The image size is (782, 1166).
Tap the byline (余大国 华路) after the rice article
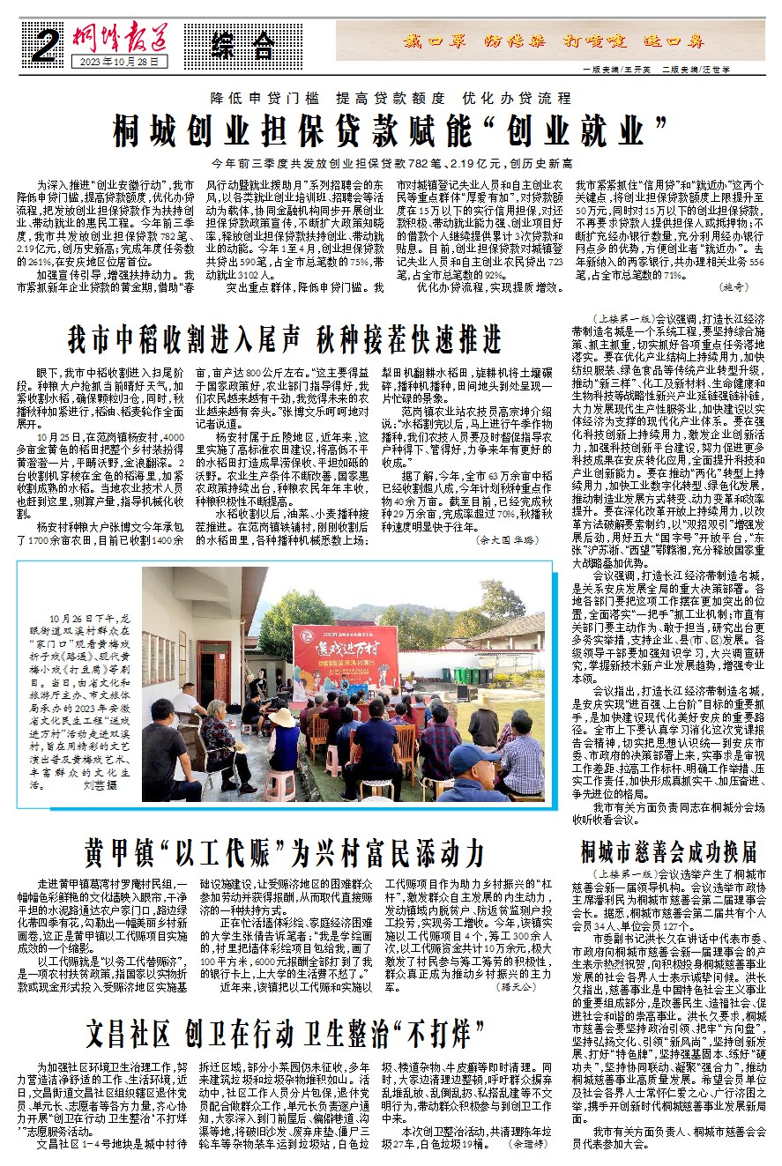pos(506,538)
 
